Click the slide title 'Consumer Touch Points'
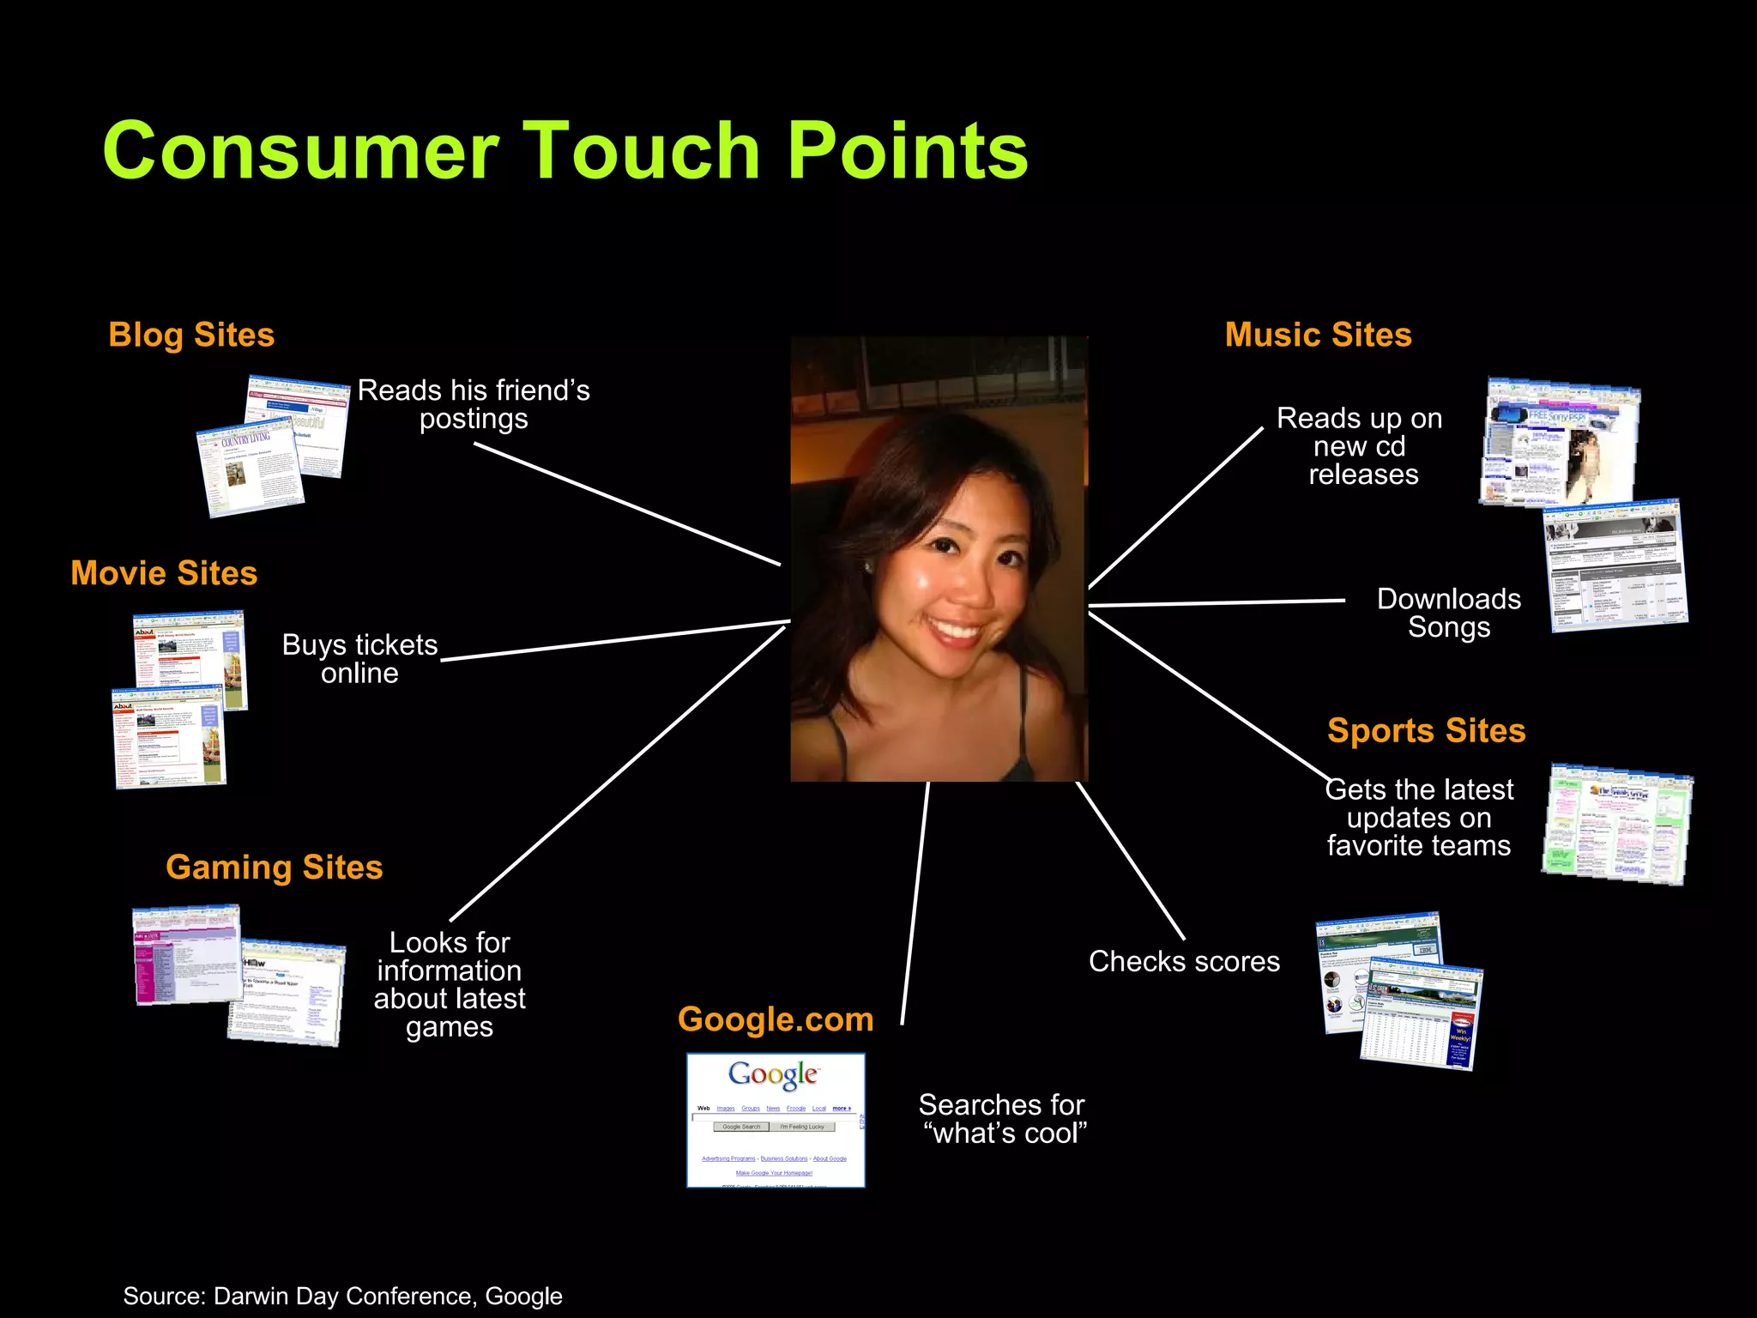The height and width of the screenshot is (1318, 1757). [565, 151]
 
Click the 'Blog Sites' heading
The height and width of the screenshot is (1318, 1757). [191, 335]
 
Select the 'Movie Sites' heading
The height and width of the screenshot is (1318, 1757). [164, 573]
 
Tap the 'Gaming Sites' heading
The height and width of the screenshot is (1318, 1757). [274, 868]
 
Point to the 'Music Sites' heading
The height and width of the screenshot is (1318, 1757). [1318, 335]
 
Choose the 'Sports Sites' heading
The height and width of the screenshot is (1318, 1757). [1426, 731]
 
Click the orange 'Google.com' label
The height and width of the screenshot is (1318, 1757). [776, 1019]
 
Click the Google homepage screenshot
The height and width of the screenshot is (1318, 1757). [776, 1120]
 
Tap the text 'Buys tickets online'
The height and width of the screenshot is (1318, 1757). [359, 659]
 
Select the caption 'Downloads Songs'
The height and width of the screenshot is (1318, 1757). [1448, 613]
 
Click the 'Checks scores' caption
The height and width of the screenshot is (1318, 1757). [1184, 962]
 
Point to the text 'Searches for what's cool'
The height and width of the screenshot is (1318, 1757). [1002, 1119]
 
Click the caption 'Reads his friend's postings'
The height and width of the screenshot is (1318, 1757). [474, 404]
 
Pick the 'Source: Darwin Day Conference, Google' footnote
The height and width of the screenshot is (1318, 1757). [342, 1296]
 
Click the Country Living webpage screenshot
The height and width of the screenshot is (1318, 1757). [249, 469]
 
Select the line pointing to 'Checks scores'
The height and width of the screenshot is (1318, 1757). [1131, 861]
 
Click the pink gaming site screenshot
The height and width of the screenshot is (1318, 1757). [186, 955]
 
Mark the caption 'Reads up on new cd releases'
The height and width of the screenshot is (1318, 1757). [1360, 446]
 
